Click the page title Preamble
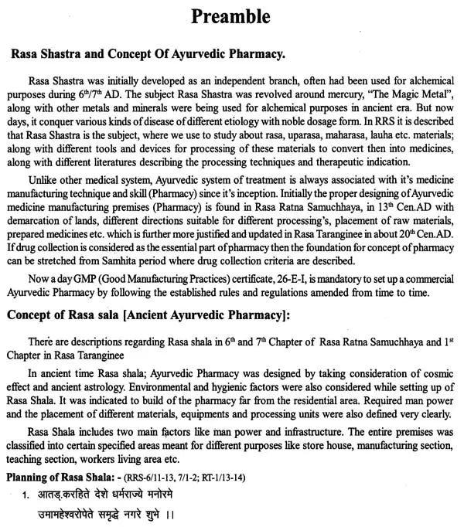coord(232,18)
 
